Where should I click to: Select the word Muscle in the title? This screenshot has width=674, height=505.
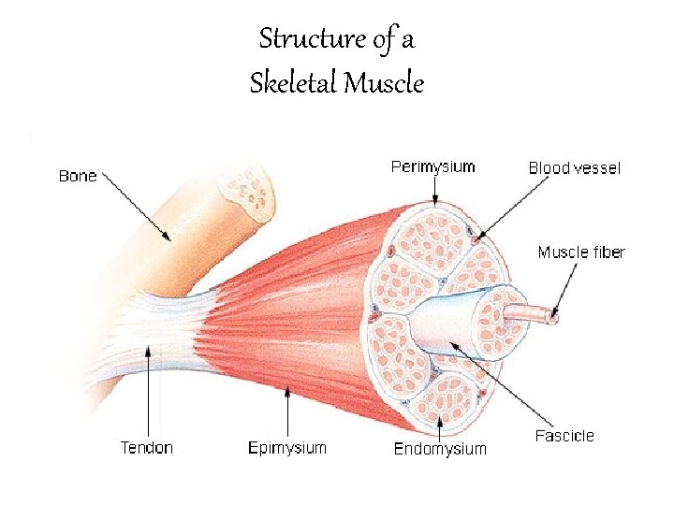pyautogui.click(x=384, y=84)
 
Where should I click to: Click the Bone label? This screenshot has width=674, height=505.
pyautogui.click(x=78, y=176)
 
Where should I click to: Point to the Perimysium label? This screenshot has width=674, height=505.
pyautogui.click(x=432, y=167)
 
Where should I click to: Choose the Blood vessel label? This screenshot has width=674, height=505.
pyautogui.click(x=574, y=168)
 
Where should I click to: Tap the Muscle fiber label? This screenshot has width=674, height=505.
pyautogui.click(x=581, y=252)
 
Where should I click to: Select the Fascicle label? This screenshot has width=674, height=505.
pyautogui.click(x=564, y=436)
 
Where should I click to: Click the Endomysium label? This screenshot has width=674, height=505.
pyautogui.click(x=440, y=449)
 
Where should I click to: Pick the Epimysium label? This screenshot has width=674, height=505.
pyautogui.click(x=287, y=448)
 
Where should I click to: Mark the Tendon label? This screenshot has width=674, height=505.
pyautogui.click(x=147, y=448)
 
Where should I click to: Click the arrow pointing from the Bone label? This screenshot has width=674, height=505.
pyautogui.click(x=136, y=206)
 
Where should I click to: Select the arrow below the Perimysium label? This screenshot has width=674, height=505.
pyautogui.click(x=434, y=190)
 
